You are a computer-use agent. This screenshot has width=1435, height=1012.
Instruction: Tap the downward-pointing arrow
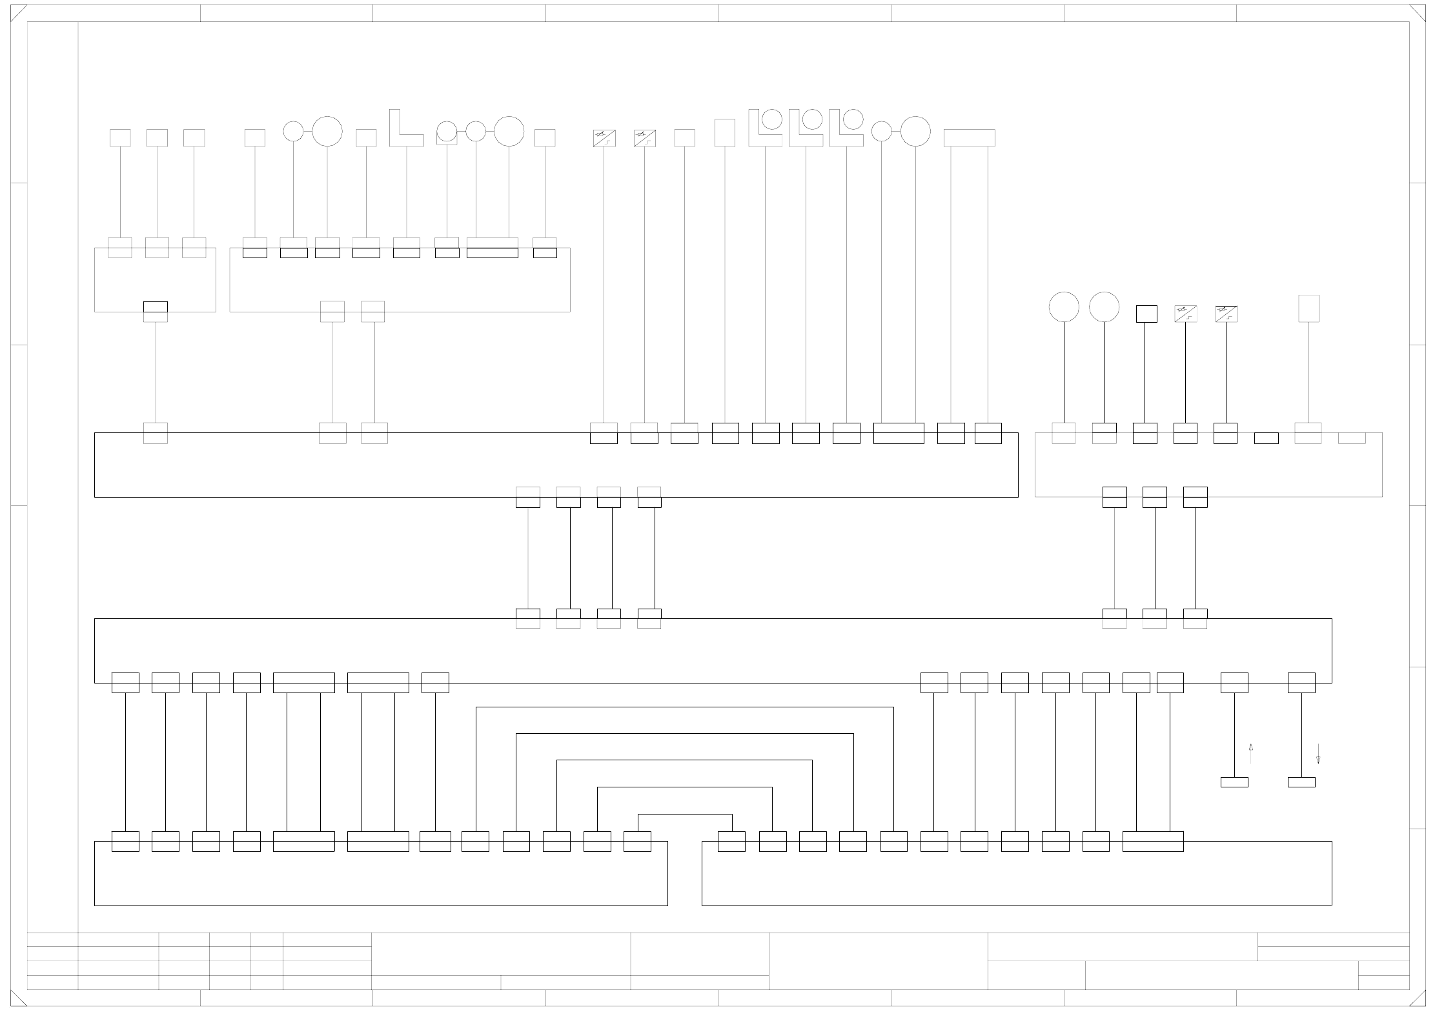point(1318,754)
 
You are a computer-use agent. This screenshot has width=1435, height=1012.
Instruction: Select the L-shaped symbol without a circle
point(405,128)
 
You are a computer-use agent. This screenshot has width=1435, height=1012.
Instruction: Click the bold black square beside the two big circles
point(1146,314)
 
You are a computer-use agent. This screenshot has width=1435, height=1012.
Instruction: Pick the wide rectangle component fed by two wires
point(969,138)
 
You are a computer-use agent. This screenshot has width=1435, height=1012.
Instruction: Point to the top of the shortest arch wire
point(685,815)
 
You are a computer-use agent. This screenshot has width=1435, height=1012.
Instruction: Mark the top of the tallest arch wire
point(685,707)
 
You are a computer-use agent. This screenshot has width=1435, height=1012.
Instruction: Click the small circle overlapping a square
point(447,132)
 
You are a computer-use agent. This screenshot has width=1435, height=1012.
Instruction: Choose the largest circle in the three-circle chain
point(509,131)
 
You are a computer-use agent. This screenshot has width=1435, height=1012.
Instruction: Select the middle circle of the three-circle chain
point(476,131)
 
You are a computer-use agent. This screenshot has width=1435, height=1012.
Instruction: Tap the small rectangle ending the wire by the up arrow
point(1234,782)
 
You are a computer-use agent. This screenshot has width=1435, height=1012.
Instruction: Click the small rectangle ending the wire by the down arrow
point(1301,782)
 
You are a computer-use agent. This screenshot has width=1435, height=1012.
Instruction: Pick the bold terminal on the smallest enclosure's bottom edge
point(156,307)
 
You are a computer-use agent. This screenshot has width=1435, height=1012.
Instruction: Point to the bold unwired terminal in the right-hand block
point(1266,438)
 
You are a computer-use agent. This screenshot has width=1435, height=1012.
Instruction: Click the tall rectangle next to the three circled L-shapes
point(725,133)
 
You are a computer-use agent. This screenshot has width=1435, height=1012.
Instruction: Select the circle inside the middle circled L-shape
point(813,119)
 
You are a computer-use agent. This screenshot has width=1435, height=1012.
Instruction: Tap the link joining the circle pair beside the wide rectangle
point(896,132)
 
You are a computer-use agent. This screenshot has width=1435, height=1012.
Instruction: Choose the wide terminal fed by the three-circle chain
point(493,252)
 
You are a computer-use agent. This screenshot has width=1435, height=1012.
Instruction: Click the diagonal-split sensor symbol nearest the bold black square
point(1185,314)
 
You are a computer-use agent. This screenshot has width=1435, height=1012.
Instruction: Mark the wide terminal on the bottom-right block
point(1153,841)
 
